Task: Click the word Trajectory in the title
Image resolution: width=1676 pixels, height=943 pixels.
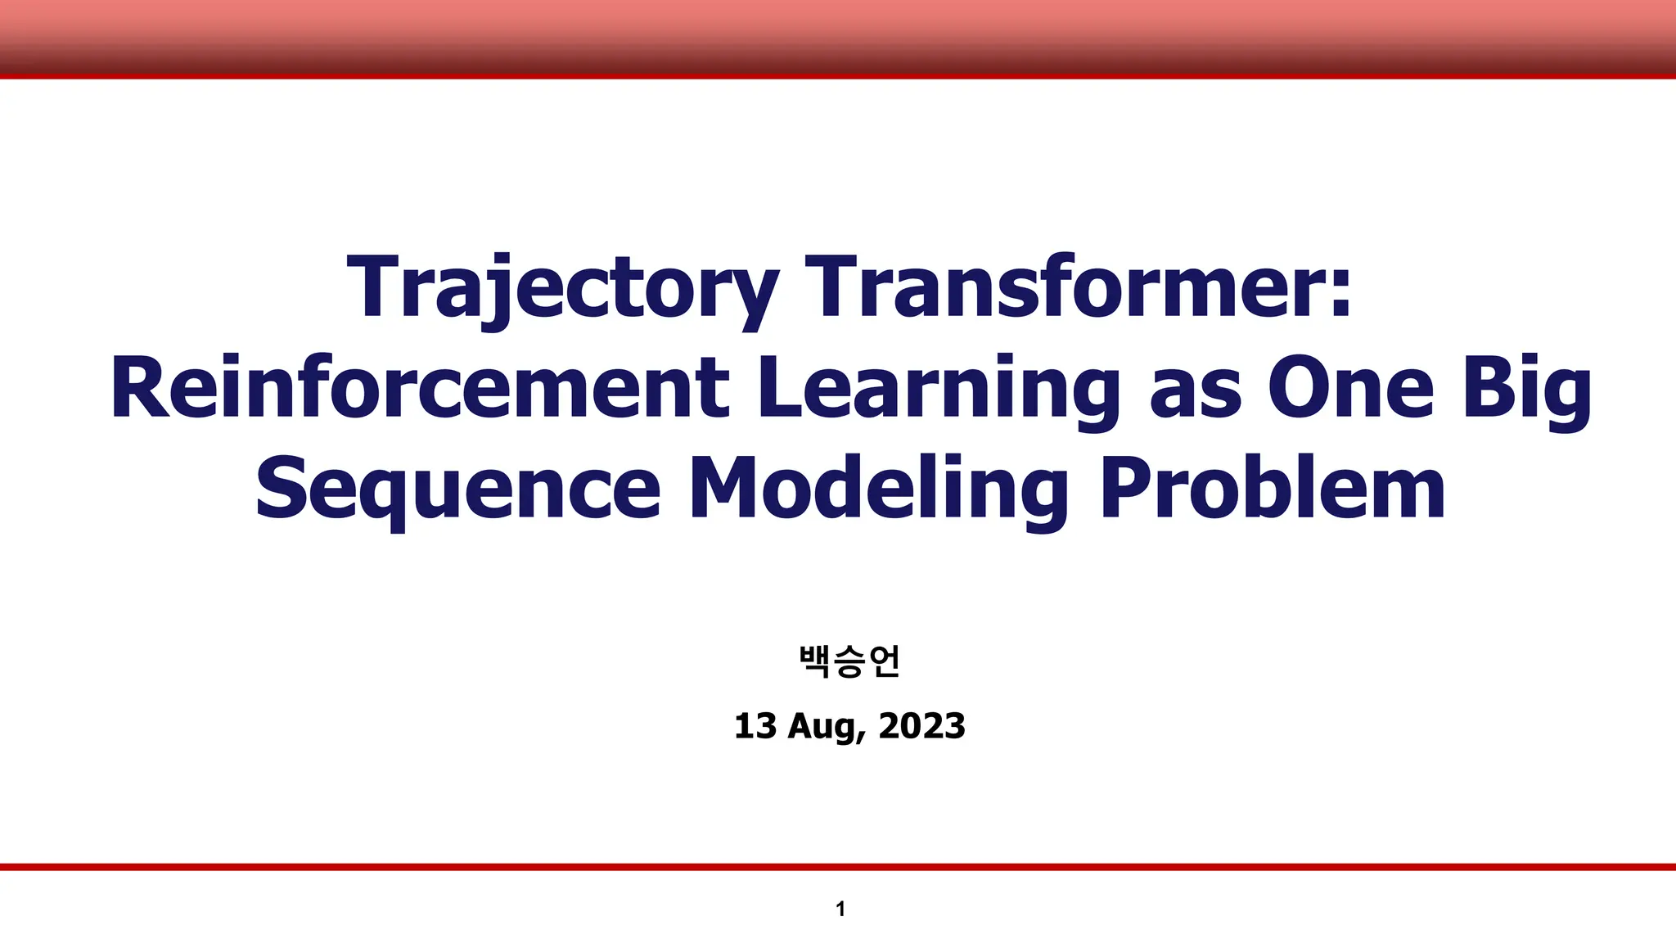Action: coord(563,288)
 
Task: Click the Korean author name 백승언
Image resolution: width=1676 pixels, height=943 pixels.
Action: coord(849,661)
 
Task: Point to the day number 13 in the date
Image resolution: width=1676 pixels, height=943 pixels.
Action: coord(755,727)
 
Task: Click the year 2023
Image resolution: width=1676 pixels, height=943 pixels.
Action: coord(921,727)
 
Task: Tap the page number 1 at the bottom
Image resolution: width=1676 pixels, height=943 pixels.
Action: coord(840,909)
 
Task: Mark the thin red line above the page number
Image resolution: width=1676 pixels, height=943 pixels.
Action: coord(838,867)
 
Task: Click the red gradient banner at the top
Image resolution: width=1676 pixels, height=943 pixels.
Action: coord(838,38)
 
